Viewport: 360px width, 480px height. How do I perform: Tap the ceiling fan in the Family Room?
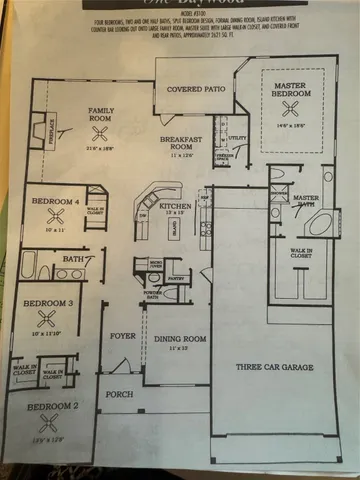tap(98, 131)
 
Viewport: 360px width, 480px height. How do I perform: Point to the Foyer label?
tap(122, 336)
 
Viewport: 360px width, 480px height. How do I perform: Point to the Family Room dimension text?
tap(101, 148)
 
